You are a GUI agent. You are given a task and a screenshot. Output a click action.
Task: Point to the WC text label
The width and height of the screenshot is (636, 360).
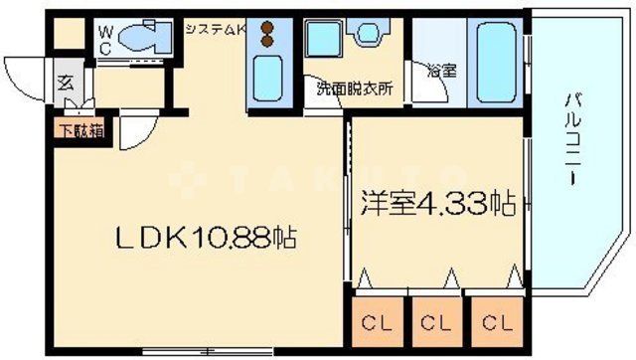[x=104, y=40]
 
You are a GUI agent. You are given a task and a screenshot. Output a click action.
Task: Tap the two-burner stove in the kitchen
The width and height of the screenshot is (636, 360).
[x=266, y=36]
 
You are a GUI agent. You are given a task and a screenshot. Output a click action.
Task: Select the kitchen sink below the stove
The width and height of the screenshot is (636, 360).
[x=267, y=76]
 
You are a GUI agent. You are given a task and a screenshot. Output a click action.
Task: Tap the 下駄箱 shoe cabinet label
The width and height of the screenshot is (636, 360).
[x=70, y=126]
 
